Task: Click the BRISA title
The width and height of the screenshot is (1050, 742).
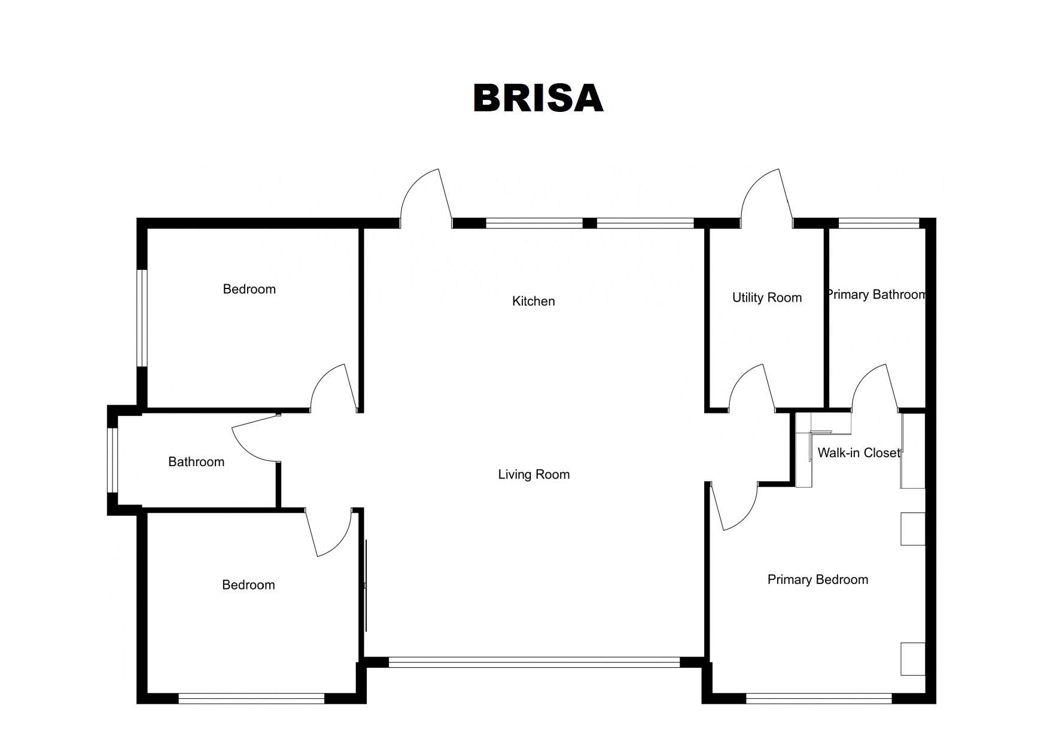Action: pyautogui.click(x=538, y=98)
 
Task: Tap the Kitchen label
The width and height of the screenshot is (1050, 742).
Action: pyautogui.click(x=533, y=301)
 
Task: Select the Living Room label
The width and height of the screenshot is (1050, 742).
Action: pyautogui.click(x=534, y=475)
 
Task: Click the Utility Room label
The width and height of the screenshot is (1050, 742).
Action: pyautogui.click(x=766, y=297)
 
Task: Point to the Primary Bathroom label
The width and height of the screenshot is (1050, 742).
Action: pyautogui.click(x=876, y=294)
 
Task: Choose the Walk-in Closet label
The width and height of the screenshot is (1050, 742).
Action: pyautogui.click(x=859, y=453)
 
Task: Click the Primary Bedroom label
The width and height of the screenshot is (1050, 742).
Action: pyautogui.click(x=817, y=579)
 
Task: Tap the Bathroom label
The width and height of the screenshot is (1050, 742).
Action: pyautogui.click(x=196, y=461)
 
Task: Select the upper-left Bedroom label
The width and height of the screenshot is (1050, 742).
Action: pyautogui.click(x=249, y=289)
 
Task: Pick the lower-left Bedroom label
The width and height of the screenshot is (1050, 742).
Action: pyautogui.click(x=248, y=585)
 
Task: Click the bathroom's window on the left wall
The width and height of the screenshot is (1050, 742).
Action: pyautogui.click(x=112, y=460)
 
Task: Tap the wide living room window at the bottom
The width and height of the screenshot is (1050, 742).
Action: pyautogui.click(x=534, y=662)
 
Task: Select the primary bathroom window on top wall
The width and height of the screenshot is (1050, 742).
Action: pyautogui.click(x=878, y=223)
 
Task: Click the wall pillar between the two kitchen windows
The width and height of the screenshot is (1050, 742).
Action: pyautogui.click(x=589, y=223)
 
